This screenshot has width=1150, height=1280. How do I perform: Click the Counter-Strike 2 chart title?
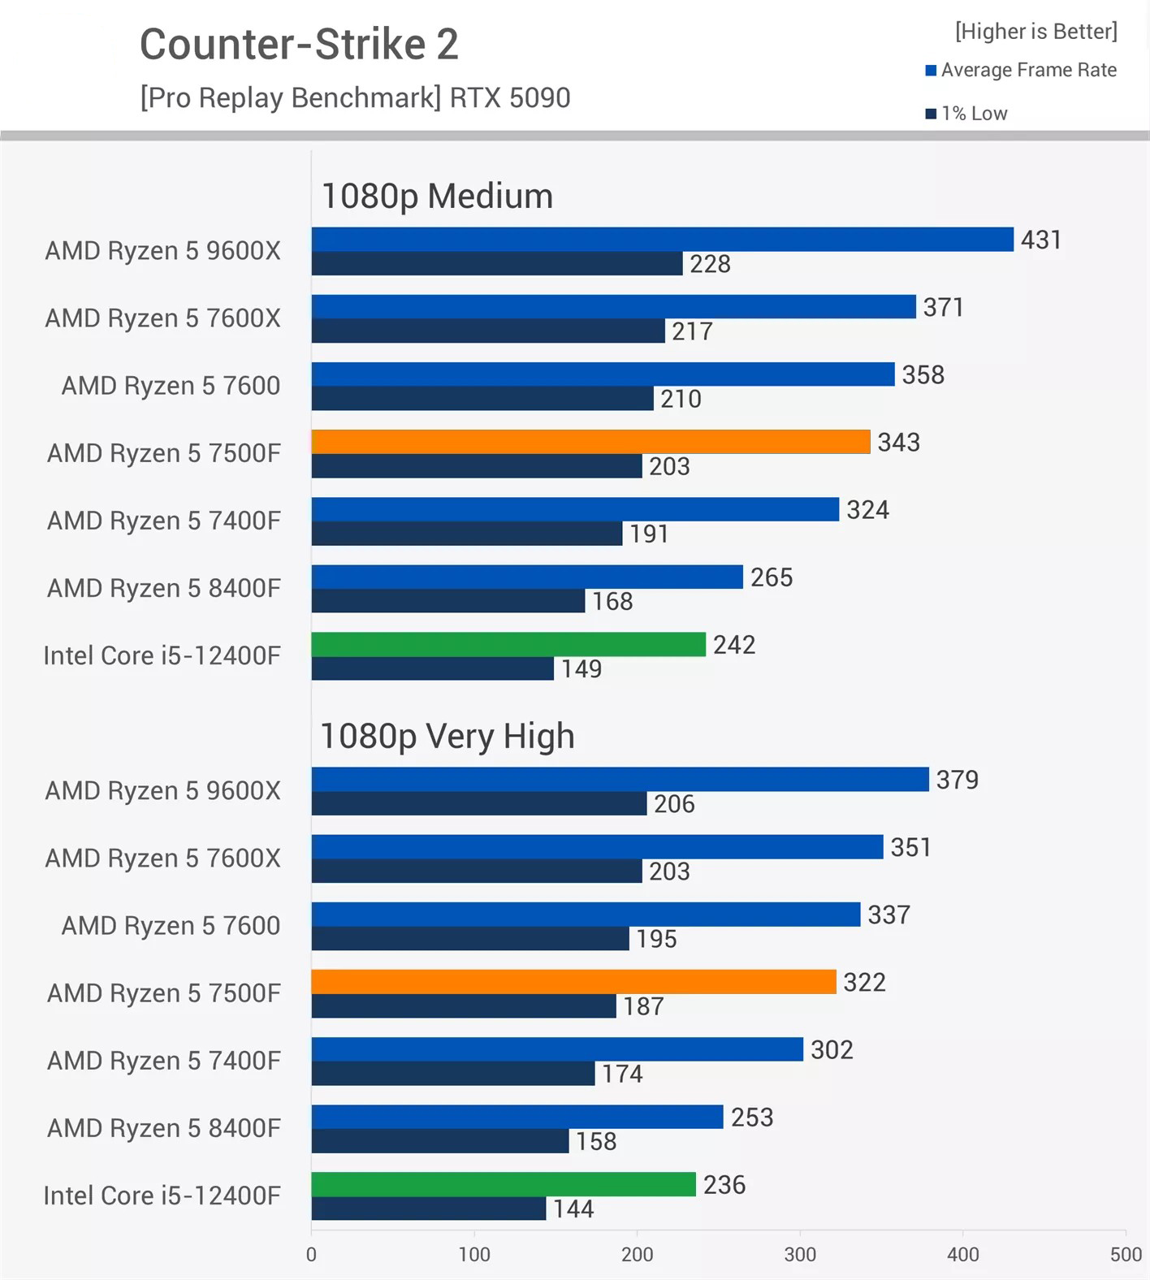[299, 44]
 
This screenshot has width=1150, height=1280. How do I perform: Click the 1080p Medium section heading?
[437, 196]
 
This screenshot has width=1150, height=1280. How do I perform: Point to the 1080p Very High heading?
[447, 736]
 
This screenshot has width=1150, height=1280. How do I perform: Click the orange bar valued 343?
[590, 442]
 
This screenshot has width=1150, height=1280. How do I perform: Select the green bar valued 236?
[504, 1184]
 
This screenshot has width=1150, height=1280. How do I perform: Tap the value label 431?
[1040, 240]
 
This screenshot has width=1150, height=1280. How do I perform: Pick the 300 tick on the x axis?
[800, 1254]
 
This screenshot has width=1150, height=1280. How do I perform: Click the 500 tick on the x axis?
[1125, 1254]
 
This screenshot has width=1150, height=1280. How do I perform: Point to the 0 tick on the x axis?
[311, 1254]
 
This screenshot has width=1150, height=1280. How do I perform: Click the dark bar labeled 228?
[496, 264]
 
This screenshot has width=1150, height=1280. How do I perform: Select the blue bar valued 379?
[620, 780]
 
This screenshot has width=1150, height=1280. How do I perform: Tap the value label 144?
[573, 1209]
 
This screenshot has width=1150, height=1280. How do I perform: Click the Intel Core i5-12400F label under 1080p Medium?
[162, 655]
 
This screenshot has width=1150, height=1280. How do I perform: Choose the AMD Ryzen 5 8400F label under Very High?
[163, 1128]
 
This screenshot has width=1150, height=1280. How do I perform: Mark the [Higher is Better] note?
[1035, 32]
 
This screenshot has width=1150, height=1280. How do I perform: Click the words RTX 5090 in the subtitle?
[510, 97]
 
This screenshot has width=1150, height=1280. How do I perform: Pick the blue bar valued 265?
[527, 577]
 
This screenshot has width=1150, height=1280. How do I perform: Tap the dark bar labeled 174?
[453, 1074]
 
